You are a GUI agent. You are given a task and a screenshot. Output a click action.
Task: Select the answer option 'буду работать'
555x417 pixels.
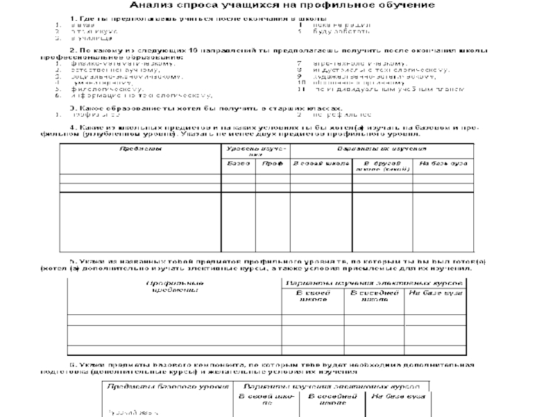337,32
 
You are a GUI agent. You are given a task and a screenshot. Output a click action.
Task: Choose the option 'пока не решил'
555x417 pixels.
337,24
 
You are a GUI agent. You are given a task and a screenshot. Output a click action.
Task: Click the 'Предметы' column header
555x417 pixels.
140,149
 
